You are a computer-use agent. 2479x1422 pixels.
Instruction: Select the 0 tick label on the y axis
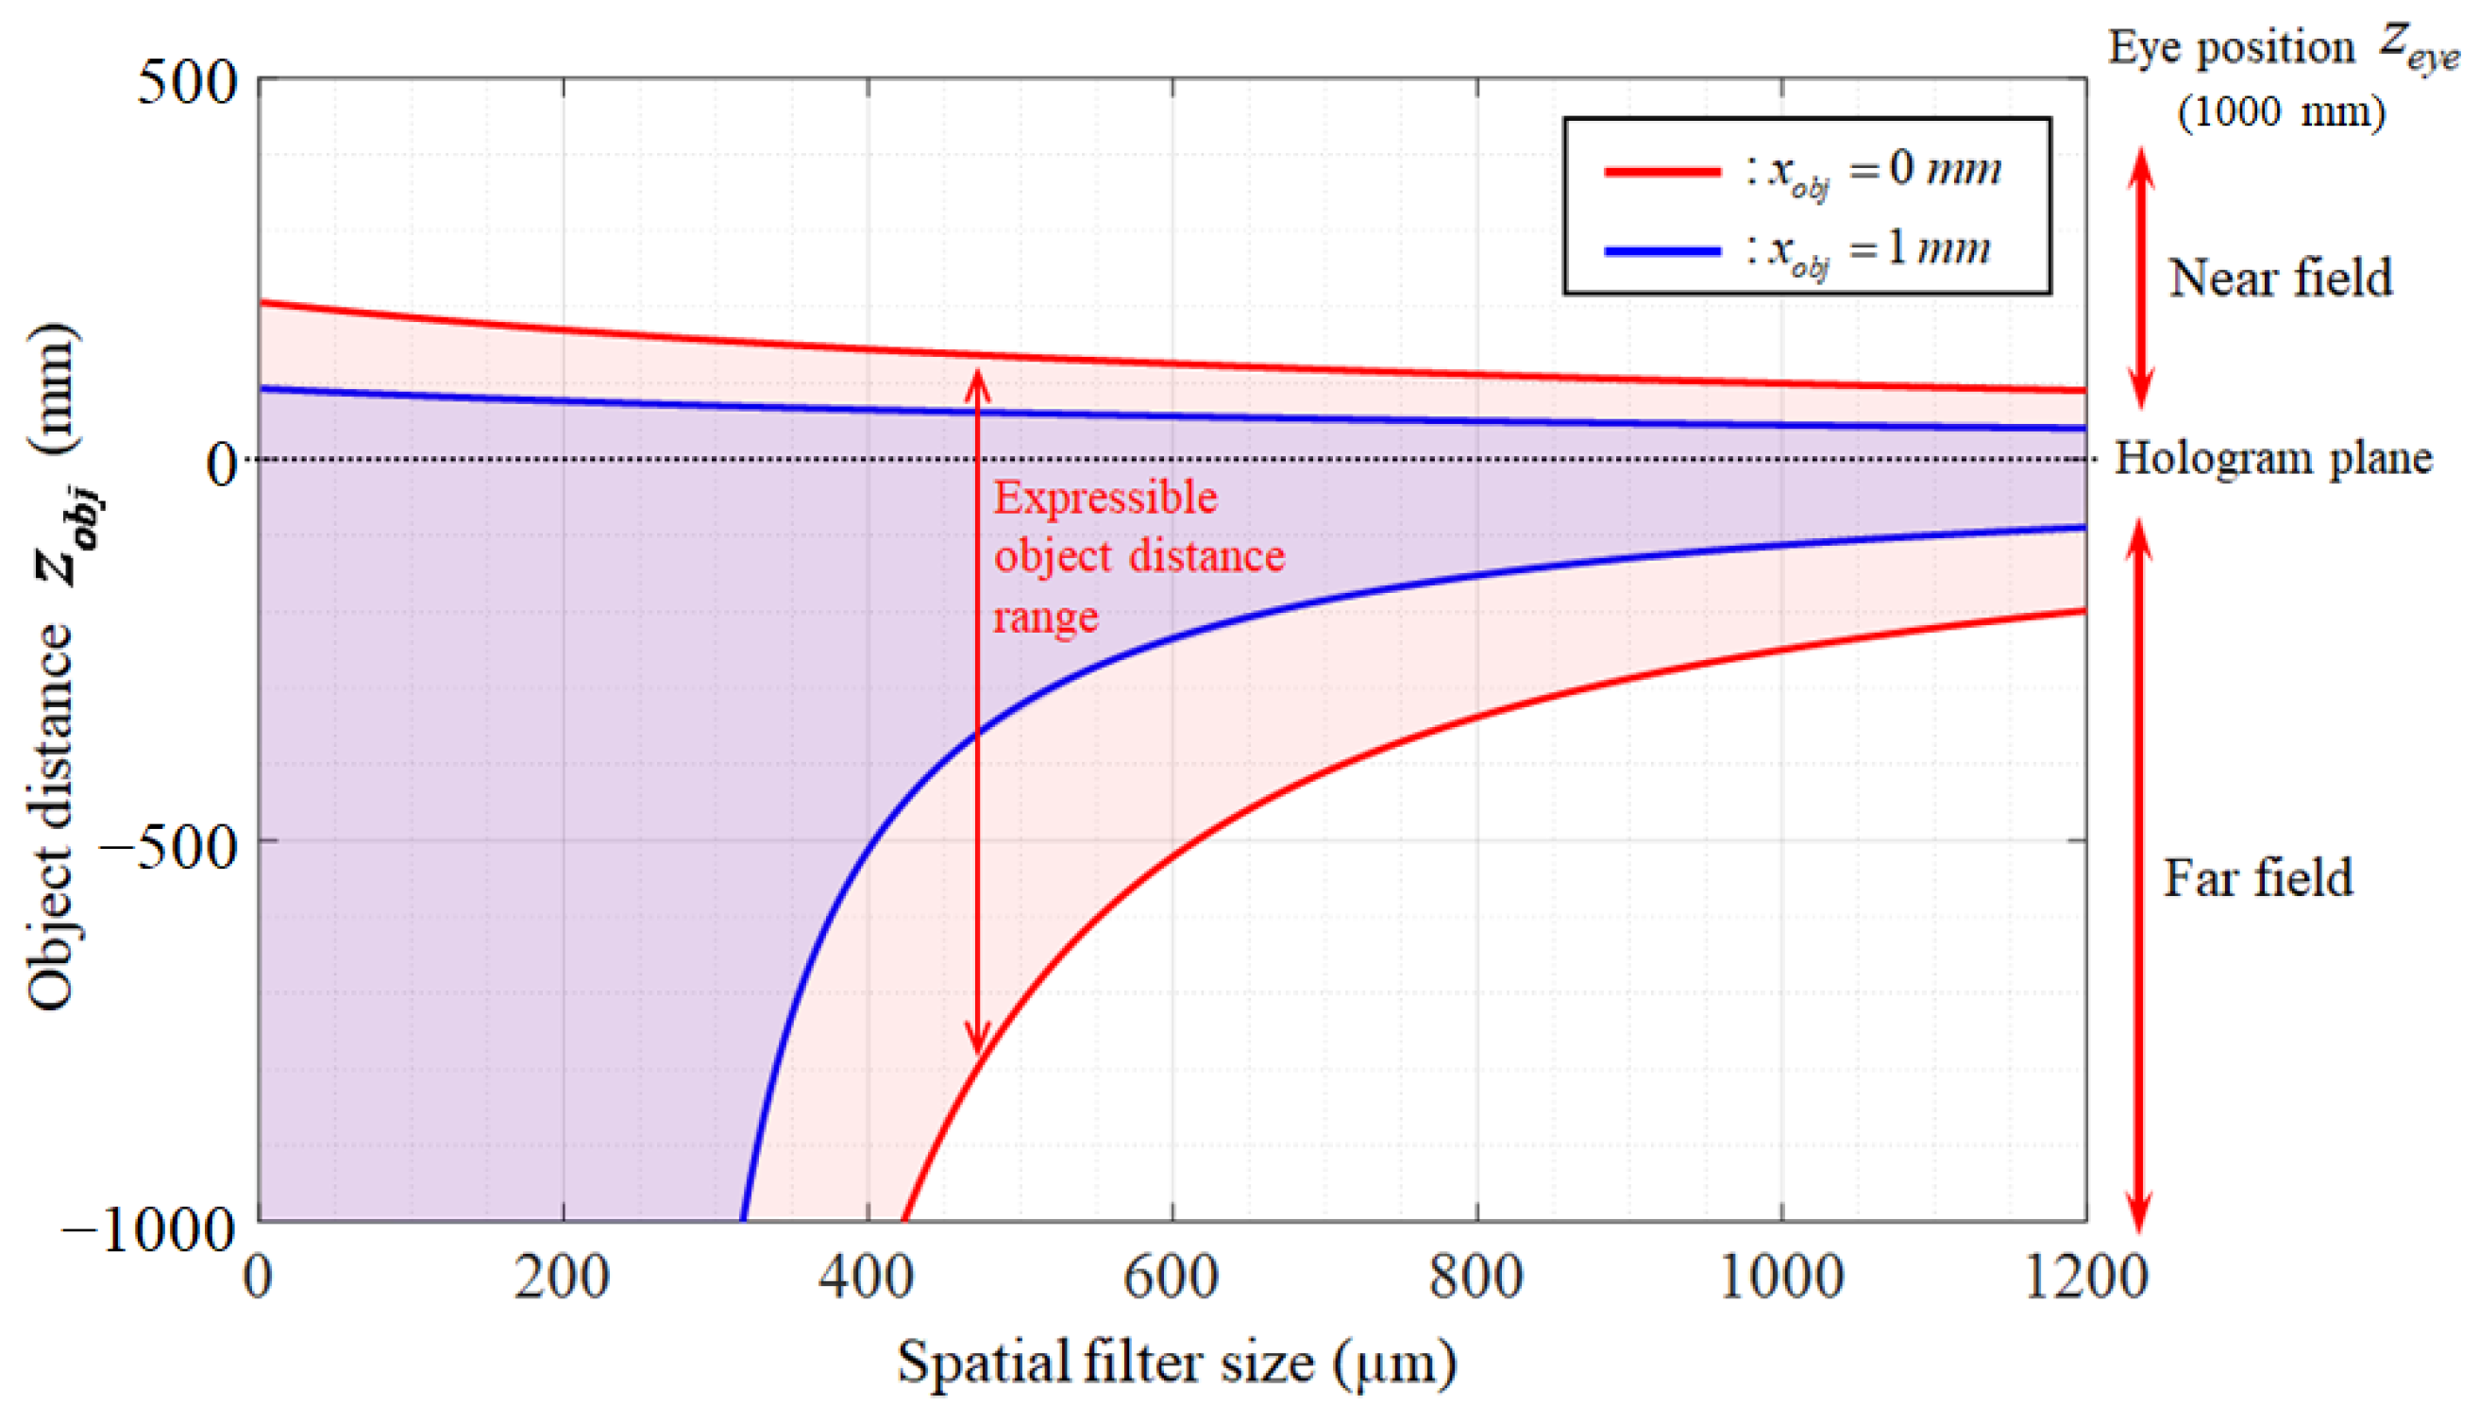(222, 464)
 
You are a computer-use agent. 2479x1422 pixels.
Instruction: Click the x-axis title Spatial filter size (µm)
(1176, 1363)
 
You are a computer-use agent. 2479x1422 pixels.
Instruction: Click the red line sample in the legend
(1661, 172)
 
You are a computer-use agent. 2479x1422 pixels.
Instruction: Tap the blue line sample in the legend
(1661, 251)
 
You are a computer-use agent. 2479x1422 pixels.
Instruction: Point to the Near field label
(2281, 279)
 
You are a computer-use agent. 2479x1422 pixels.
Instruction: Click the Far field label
(2258, 878)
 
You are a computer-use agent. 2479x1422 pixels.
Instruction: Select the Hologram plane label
(2273, 459)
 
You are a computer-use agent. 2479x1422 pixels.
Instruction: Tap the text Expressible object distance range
(1138, 557)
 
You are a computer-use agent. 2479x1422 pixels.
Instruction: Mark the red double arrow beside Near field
(2141, 279)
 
